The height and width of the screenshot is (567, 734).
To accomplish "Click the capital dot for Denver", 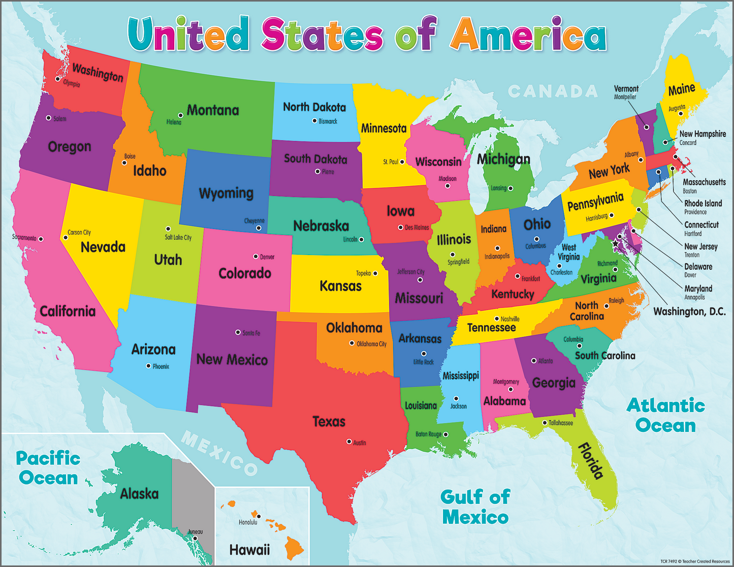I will pos(256,257).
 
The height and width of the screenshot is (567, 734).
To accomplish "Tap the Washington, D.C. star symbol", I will pos(616,244).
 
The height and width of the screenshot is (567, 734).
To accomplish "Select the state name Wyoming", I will pos(226,193).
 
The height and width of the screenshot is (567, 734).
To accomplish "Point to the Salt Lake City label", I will pos(178,237).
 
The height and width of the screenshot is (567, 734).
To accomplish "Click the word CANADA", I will pos(553,91).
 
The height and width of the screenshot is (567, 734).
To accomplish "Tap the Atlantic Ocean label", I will pos(665,415).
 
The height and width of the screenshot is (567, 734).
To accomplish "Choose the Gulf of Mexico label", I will pos(475,507).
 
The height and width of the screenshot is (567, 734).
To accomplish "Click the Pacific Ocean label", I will pos(48,468).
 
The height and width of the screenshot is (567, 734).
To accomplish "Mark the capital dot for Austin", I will pos(349,442).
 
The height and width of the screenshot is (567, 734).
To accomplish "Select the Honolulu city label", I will pos(248,522).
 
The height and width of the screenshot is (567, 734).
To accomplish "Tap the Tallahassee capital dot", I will pos(545,423).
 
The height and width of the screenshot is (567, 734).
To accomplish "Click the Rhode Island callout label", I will pos(703,204).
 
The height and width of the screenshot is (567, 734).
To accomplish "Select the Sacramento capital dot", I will pos(41,239).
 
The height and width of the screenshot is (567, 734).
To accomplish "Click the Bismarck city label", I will pos(328,121).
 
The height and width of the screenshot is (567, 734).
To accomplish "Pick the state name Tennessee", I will pos(491,328).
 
